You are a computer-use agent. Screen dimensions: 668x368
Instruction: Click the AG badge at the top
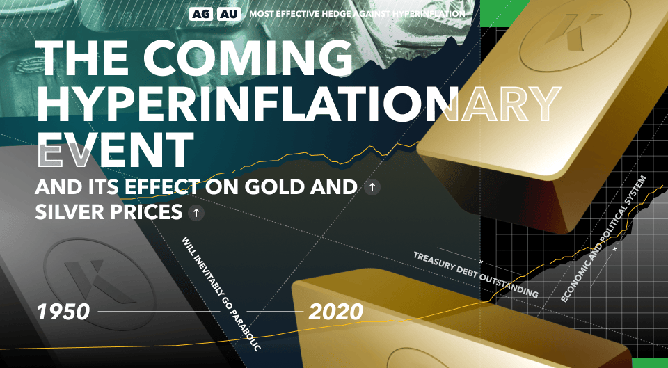click(x=201, y=14)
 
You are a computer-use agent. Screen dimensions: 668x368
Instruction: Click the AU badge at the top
click(x=229, y=14)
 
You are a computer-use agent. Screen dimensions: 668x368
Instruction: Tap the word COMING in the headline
click(x=248, y=57)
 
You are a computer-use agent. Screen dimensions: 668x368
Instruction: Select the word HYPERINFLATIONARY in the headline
click(x=299, y=103)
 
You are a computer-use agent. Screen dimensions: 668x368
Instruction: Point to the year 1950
click(x=63, y=312)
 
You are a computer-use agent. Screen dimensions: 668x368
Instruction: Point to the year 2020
click(x=335, y=312)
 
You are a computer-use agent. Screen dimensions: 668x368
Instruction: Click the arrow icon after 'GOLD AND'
click(x=372, y=187)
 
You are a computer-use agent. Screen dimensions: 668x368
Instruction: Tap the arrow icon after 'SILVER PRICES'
click(x=196, y=213)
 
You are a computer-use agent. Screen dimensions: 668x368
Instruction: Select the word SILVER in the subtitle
click(x=70, y=212)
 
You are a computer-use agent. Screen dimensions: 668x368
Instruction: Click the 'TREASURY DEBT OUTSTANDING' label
click(x=475, y=275)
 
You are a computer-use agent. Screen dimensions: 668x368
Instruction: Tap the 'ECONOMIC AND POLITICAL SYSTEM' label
click(x=604, y=239)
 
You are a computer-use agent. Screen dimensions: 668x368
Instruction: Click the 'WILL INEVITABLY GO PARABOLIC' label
click(x=221, y=294)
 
